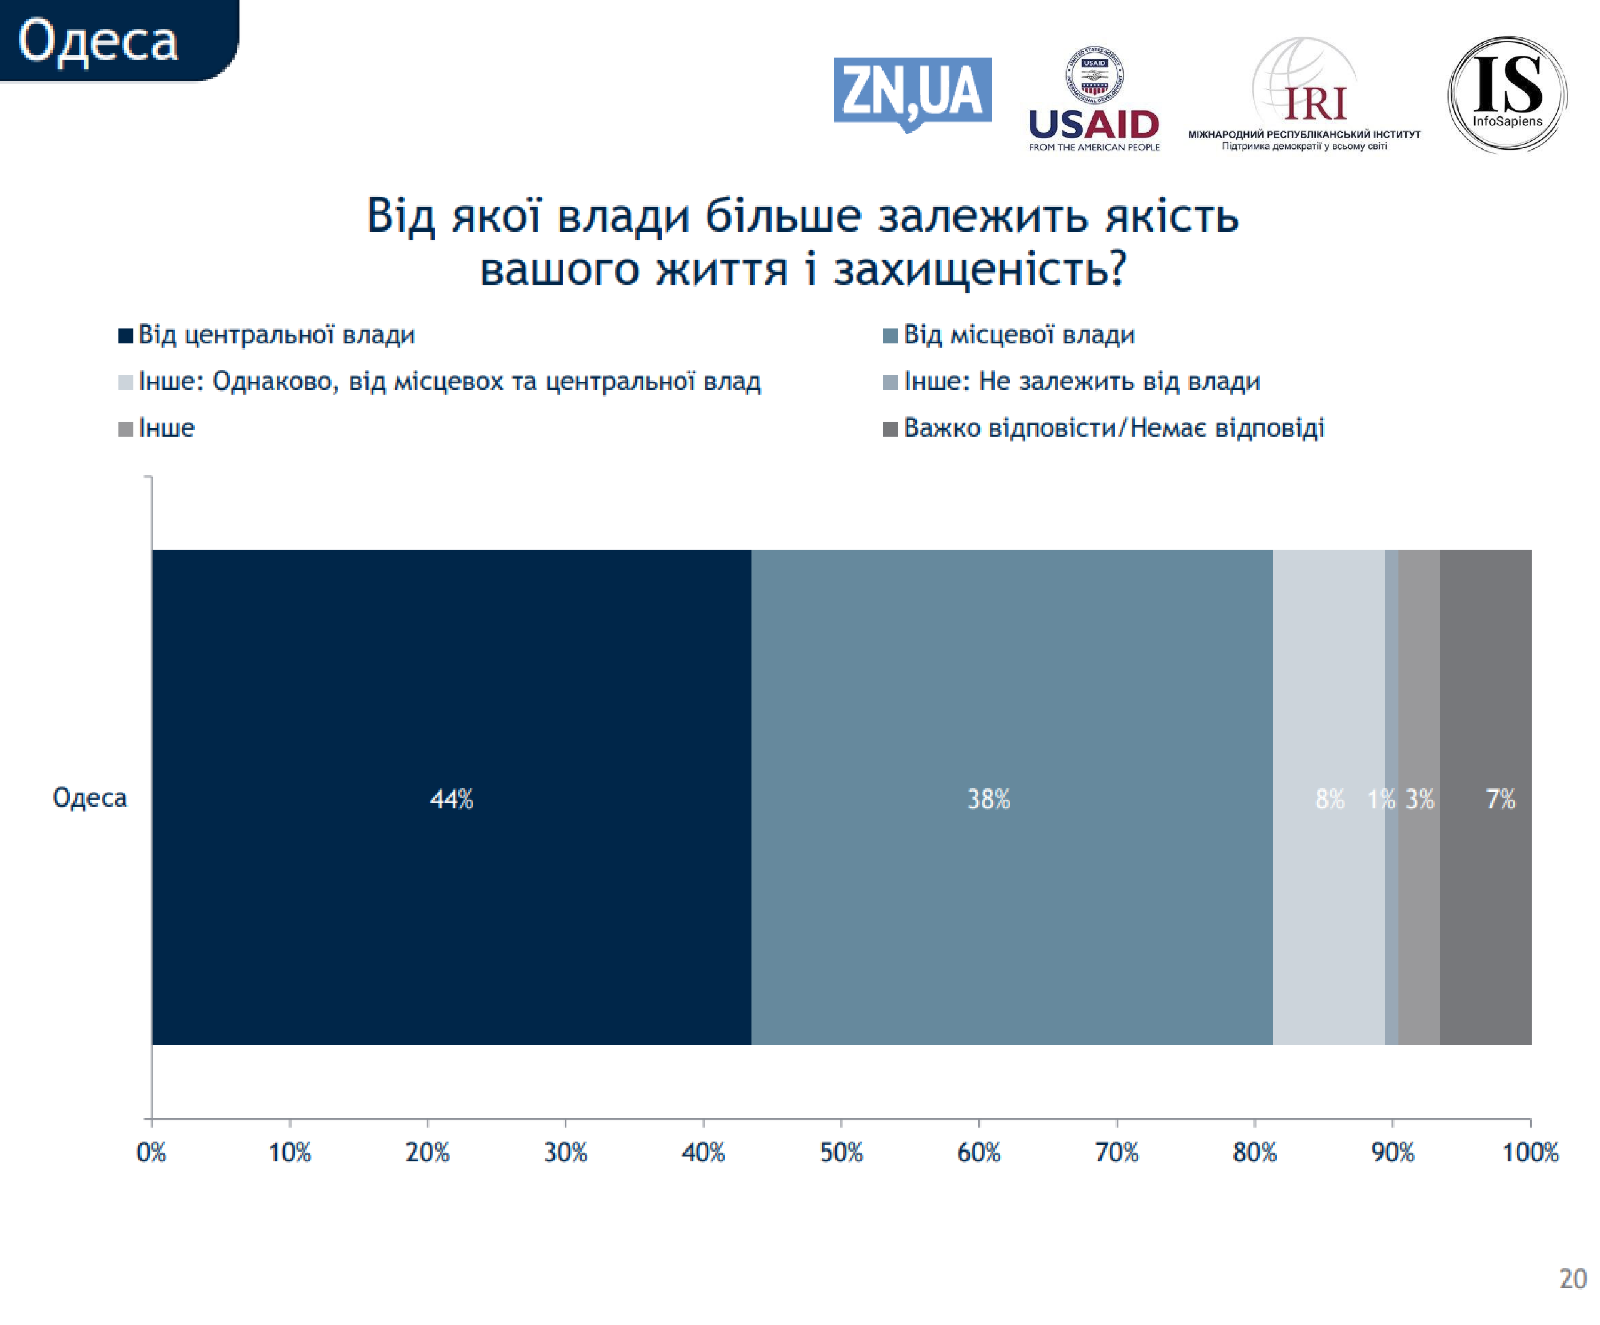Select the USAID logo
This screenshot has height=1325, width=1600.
tap(1093, 99)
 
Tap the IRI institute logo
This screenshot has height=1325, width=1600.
tap(1305, 95)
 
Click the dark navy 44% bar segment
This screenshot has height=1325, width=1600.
tap(451, 797)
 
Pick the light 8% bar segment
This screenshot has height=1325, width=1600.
tap(1328, 797)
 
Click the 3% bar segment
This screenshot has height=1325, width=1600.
tap(1419, 797)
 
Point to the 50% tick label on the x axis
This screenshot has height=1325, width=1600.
tap(841, 1153)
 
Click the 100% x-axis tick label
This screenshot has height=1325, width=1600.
tap(1530, 1153)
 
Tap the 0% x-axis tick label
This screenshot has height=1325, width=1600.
tap(151, 1153)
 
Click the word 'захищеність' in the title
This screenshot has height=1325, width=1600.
tap(979, 270)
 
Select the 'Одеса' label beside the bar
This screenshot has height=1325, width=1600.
tap(89, 797)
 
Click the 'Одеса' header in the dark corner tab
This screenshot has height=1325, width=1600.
tap(98, 41)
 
